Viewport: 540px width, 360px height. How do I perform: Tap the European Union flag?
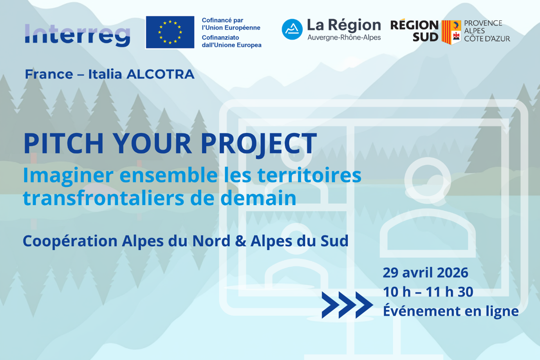pos(170,32)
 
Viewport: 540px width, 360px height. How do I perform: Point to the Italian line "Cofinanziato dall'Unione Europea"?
pos(231,41)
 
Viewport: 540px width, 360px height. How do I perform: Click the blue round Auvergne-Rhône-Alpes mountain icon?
pos(292,29)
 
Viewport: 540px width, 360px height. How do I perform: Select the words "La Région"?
pos(343,25)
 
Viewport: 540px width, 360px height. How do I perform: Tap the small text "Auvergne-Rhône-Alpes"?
pos(344,38)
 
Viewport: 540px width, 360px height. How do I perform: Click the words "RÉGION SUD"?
pos(414,31)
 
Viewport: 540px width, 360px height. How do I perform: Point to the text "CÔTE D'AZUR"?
pos(487,39)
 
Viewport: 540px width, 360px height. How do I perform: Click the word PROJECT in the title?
pos(258,143)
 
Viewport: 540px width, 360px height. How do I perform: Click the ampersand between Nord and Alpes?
pos(240,241)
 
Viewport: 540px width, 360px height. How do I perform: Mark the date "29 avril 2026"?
pos(425,273)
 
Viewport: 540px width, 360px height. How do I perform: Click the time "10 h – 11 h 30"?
pos(428,292)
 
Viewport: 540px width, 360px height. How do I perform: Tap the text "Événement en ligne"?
pos(450,311)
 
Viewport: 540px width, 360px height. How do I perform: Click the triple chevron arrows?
pos(347,305)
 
